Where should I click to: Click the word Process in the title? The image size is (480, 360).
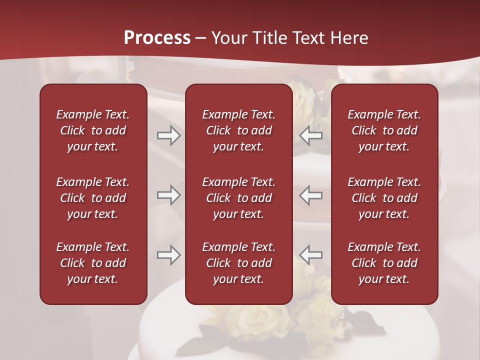point(157,38)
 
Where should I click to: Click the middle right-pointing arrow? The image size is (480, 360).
point(168,195)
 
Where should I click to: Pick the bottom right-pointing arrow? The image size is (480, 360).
point(168,255)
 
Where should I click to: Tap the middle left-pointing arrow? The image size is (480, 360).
point(311,195)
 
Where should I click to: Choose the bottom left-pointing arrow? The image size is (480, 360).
point(311,255)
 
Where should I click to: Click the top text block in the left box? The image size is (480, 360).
point(93,130)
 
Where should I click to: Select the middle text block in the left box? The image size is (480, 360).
point(93,198)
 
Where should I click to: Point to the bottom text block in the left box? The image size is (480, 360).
point(93,263)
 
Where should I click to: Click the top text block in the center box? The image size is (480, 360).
point(238,130)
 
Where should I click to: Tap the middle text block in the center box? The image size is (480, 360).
point(238,198)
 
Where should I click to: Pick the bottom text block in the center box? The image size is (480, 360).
point(238,263)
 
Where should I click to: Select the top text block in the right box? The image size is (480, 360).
point(384,130)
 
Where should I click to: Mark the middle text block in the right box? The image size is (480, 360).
point(384,198)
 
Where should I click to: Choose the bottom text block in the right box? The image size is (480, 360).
point(384,263)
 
